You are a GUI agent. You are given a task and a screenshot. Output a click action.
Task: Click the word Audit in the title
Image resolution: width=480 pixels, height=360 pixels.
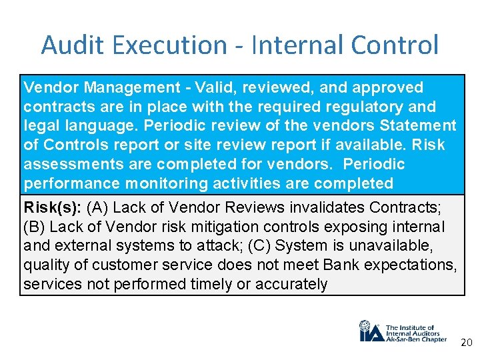coord(67,45)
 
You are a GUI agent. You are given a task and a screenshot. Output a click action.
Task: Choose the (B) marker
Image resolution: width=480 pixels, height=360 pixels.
coord(36,227)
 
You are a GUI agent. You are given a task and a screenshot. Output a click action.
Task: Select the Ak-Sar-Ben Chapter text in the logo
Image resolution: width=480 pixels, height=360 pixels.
coord(416,339)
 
